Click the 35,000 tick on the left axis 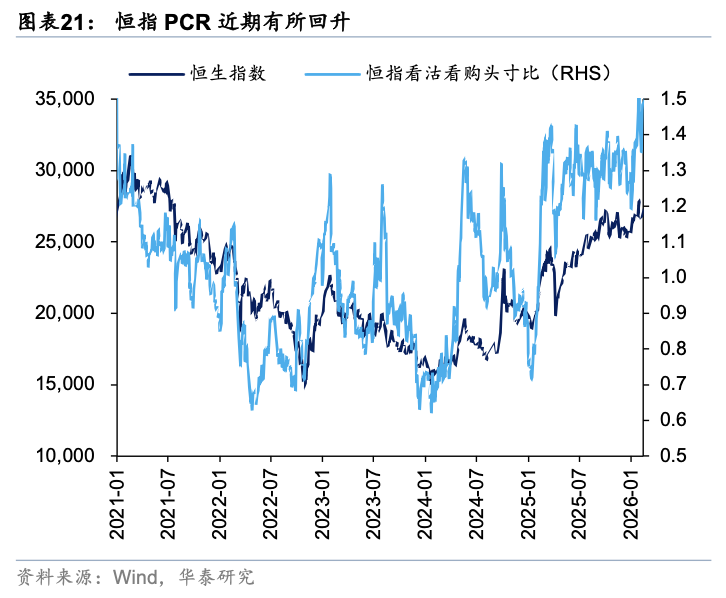[x=66, y=99]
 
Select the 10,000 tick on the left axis [x=66, y=456]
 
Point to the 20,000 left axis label [x=66, y=313]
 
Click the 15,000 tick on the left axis [x=66, y=385]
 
